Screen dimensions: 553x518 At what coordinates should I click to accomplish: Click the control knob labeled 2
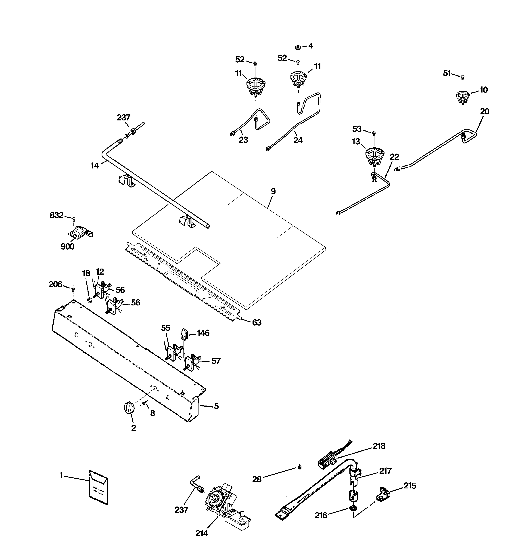tap(128, 408)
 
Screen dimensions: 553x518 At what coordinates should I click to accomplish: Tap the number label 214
tap(201, 533)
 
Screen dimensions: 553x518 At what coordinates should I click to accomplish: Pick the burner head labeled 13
tap(374, 156)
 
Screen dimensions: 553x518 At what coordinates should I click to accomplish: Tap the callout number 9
tap(273, 191)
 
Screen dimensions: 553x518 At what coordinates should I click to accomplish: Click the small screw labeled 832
tap(74, 219)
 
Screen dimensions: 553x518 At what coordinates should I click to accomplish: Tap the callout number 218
tap(379, 446)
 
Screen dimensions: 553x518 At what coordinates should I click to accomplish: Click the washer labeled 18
tap(90, 300)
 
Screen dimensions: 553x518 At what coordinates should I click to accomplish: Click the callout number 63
tap(257, 322)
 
